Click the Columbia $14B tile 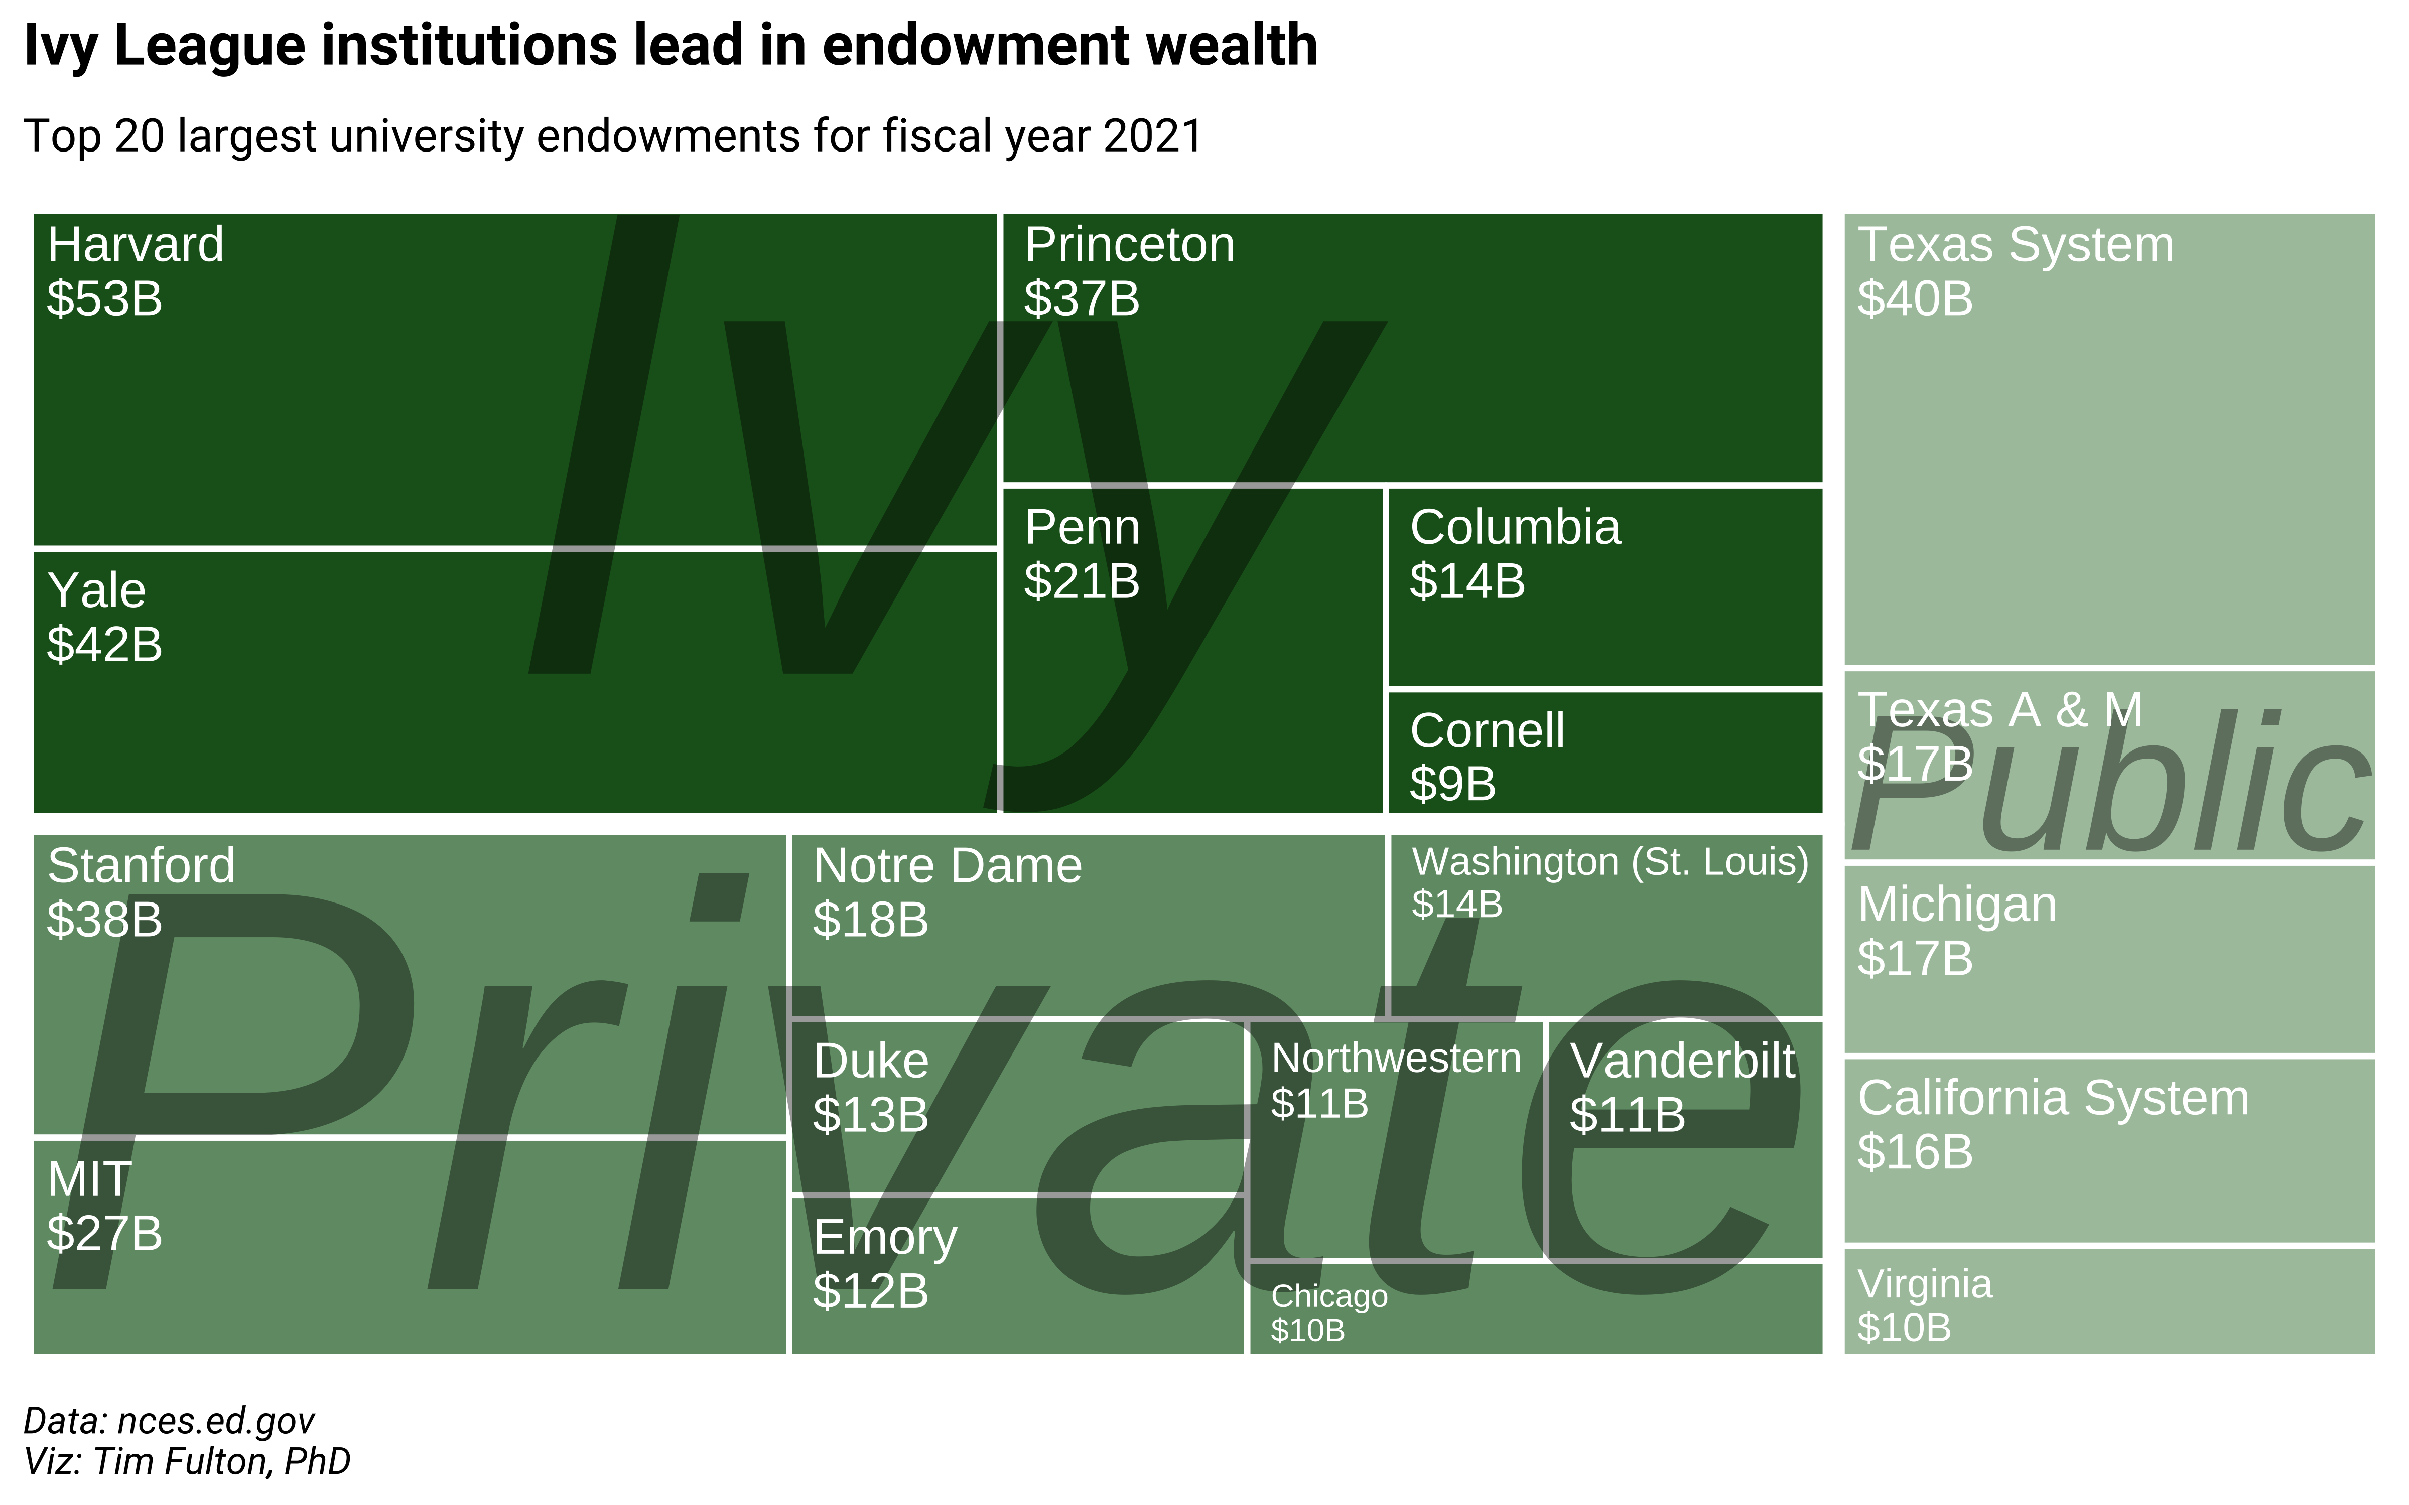point(1604,587)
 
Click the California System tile point(2108,1150)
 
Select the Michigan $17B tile point(2108,959)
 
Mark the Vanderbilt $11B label point(1682,1087)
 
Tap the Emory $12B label point(885,1264)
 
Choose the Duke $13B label point(871,1087)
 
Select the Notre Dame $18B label point(947,892)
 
